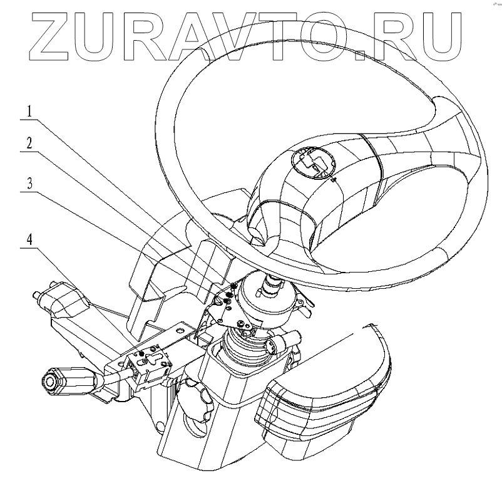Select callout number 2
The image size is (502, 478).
tap(29, 143)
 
